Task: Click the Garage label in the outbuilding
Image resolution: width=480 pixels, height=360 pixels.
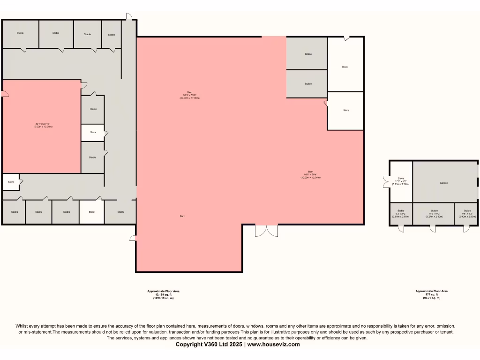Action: click(x=443, y=183)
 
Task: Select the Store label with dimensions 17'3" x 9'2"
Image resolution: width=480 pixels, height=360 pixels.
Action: click(x=401, y=181)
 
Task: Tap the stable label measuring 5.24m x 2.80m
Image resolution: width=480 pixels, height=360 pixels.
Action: click(x=434, y=214)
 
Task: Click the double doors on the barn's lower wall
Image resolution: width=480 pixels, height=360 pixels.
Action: click(x=266, y=231)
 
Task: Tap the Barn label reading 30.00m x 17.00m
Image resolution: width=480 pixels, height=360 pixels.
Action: click(x=189, y=96)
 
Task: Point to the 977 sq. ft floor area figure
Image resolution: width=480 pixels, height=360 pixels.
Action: click(x=431, y=294)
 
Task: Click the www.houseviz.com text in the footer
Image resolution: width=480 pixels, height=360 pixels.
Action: click(x=273, y=344)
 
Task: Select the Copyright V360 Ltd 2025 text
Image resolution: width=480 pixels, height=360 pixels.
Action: click(x=209, y=344)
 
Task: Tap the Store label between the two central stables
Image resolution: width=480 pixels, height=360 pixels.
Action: click(x=93, y=133)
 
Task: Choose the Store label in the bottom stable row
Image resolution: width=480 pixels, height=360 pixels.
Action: click(x=91, y=212)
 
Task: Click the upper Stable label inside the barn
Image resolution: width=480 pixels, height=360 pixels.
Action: click(x=308, y=54)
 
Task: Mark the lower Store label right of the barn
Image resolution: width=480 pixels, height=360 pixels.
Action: click(x=346, y=110)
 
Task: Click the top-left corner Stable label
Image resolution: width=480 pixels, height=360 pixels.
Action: click(x=20, y=33)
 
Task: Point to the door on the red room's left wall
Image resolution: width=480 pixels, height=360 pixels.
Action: click(x=5, y=94)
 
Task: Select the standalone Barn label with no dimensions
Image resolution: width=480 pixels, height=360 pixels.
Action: click(x=181, y=216)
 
